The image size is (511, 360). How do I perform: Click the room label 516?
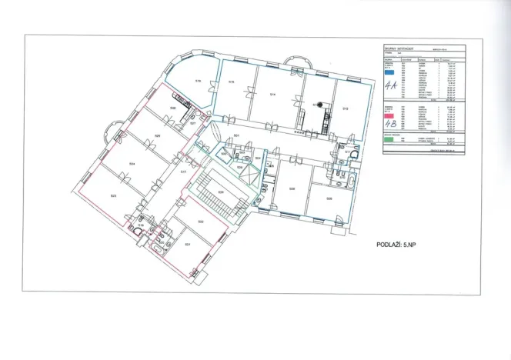[x=199, y=80]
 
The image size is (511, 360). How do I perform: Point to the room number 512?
[x=346, y=108]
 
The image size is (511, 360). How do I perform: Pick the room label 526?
[x=174, y=108]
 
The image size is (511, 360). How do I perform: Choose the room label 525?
[x=157, y=135]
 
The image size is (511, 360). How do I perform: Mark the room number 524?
[x=132, y=163]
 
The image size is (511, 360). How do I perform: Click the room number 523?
[x=114, y=195]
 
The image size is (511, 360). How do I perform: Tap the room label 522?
[x=200, y=222]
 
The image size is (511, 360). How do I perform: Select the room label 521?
[x=188, y=244]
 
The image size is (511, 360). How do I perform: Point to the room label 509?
[x=292, y=188]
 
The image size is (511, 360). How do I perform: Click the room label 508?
[x=329, y=198]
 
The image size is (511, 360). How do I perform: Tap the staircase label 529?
[x=222, y=191]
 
